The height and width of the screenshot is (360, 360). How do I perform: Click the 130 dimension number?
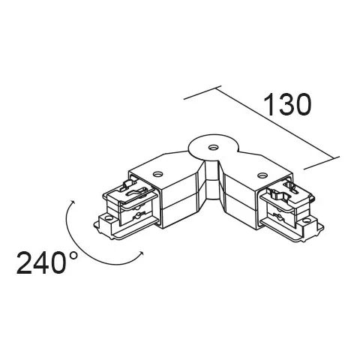[287, 104]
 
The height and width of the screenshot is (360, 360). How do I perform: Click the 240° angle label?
[47, 262]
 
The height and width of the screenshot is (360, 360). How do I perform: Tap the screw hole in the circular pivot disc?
[213, 148]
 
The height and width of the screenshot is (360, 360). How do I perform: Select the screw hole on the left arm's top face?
[157, 173]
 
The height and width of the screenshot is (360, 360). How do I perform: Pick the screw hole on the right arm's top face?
[262, 175]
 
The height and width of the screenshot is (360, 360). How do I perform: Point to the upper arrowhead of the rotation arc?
[73, 202]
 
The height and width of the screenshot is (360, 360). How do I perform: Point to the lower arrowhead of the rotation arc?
[142, 253]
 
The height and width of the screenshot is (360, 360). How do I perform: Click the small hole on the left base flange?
[109, 217]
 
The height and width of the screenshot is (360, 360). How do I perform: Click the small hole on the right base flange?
[305, 221]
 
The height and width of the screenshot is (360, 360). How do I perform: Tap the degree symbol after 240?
[73, 256]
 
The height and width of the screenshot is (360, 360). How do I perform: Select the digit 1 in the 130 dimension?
[269, 104]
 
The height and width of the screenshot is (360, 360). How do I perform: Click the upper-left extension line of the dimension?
[202, 93]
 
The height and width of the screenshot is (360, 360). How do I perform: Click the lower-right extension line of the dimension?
[322, 163]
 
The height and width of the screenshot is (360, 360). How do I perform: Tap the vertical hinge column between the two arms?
[212, 180]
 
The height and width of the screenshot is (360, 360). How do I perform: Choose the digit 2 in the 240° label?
[24, 262]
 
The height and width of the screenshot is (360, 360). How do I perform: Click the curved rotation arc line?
[79, 245]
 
